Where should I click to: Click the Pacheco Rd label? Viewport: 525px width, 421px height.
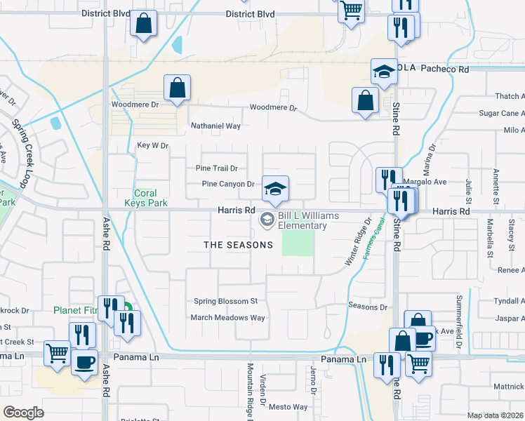tap(445, 69)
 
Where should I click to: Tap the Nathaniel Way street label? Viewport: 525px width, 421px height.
tap(216, 126)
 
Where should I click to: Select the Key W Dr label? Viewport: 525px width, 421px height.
tap(153, 145)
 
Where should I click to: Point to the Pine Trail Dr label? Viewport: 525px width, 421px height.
tap(217, 168)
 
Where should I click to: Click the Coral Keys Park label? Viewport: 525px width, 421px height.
tap(145, 199)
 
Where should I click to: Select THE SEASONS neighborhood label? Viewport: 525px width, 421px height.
tap(238, 245)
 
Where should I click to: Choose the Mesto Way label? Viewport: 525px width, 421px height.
tap(288, 407)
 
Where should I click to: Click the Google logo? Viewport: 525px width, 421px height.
tap(23, 413)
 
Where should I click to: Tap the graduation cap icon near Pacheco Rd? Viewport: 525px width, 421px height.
tap(384, 72)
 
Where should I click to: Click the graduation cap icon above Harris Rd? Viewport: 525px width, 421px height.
tap(276, 188)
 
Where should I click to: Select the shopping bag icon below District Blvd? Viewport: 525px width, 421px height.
tap(144, 25)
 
